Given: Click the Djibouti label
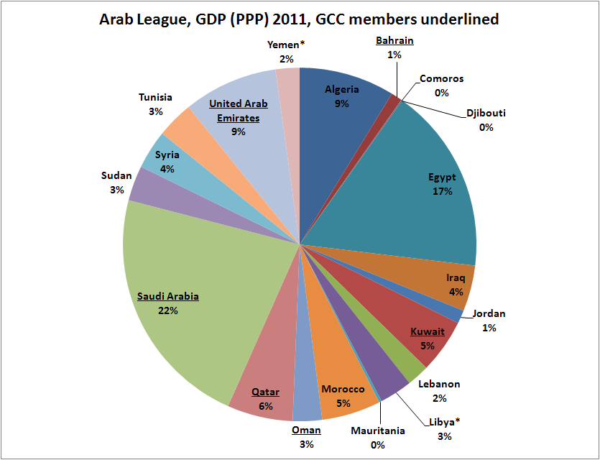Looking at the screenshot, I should click(486, 114).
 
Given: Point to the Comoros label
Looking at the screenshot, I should click(441, 79).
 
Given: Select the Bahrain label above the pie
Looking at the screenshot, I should click(394, 41).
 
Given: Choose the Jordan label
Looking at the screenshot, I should click(489, 313).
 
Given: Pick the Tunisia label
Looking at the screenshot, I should click(156, 97).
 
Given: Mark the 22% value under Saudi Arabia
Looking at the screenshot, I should click(169, 310).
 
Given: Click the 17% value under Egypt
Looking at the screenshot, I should click(442, 191).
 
